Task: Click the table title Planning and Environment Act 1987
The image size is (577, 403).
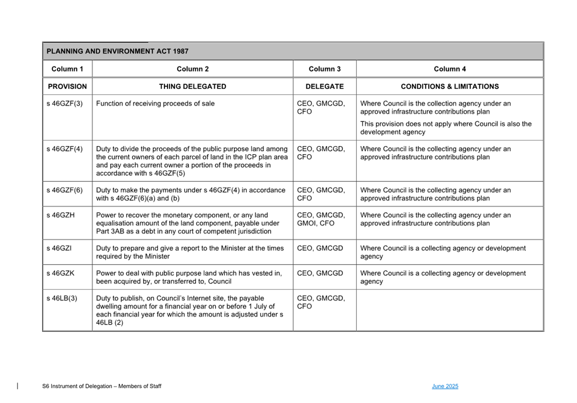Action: (x=117, y=51)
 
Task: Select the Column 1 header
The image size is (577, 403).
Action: (x=67, y=69)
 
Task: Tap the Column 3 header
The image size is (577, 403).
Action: (x=324, y=69)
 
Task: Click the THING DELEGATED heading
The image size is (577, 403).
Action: (x=192, y=87)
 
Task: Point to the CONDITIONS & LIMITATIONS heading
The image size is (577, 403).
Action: (x=449, y=87)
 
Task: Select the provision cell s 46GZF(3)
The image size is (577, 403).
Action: (x=65, y=104)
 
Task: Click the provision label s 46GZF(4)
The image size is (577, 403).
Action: (x=65, y=149)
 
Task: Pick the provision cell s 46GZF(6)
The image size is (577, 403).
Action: (x=65, y=190)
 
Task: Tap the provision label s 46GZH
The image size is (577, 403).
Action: (x=60, y=215)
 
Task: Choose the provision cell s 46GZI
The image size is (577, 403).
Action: (x=59, y=248)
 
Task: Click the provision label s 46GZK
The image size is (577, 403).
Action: (x=60, y=273)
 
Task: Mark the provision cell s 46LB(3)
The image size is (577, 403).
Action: (x=62, y=298)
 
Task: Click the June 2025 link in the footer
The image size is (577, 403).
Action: (x=445, y=386)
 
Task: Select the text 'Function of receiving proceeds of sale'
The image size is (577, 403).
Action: (x=155, y=104)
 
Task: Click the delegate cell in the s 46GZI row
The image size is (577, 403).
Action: (x=320, y=248)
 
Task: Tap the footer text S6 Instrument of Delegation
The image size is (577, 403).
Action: (x=102, y=386)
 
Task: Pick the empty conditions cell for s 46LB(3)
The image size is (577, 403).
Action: (x=449, y=310)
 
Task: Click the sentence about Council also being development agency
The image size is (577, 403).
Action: (x=445, y=128)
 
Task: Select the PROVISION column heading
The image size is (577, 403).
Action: (x=67, y=87)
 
